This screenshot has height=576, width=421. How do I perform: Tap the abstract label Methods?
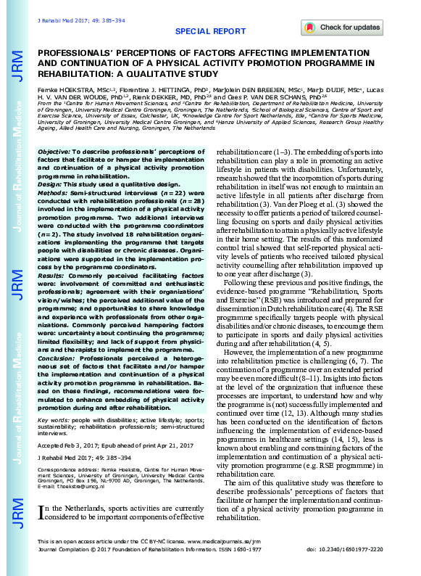click(54, 193)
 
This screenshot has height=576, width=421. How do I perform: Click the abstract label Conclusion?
click(59, 358)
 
